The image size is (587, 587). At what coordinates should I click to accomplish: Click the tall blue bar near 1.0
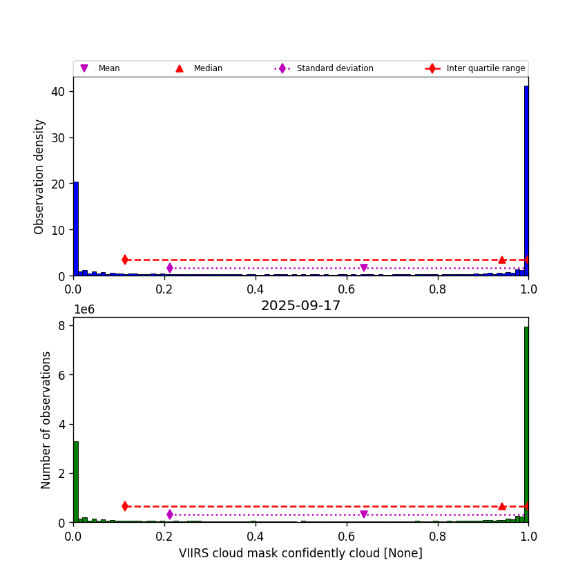[x=526, y=180]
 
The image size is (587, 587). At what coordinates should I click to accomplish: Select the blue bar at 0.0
[x=76, y=228]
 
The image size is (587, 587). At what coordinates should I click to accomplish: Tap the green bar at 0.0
[x=76, y=480]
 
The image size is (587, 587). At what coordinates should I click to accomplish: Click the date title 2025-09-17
[x=300, y=306]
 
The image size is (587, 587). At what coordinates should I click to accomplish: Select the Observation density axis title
[x=39, y=176]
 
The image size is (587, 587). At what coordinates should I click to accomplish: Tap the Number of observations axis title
[x=46, y=419]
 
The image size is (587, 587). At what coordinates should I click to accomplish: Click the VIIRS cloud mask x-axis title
[x=300, y=553]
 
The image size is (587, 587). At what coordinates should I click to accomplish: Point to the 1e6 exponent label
[x=84, y=309]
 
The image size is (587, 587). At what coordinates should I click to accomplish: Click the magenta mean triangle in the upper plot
[x=364, y=268]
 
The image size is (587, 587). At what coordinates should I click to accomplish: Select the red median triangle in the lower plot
[x=502, y=506]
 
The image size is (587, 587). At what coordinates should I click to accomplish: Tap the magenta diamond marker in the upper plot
[x=170, y=268]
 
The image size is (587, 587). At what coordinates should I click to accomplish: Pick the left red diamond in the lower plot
[x=125, y=506]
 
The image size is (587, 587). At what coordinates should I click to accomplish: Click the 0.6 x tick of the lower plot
[x=346, y=535]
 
